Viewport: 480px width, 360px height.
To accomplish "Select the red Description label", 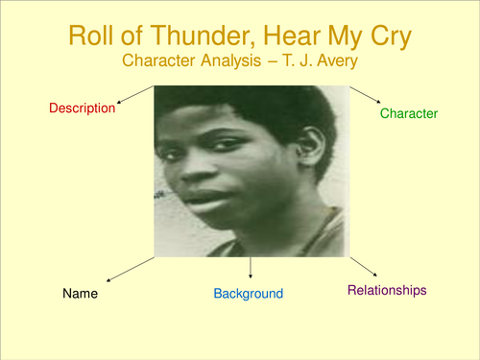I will (82, 108).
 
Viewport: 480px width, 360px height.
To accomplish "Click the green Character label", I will (409, 113).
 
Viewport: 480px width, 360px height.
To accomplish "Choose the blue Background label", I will (248, 293).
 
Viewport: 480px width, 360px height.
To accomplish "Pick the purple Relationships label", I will (386, 289).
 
